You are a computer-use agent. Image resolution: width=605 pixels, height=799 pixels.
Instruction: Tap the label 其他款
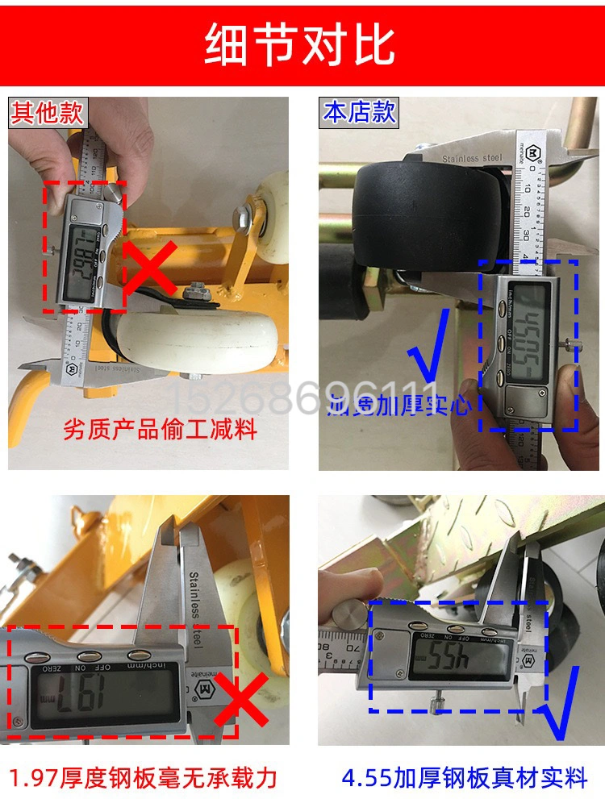(x=46, y=111)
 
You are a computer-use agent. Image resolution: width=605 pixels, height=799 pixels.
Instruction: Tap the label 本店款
(x=359, y=111)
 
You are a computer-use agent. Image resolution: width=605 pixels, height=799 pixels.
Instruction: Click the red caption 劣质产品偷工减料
(x=160, y=428)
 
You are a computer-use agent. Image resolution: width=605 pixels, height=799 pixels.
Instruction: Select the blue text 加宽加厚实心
(x=399, y=403)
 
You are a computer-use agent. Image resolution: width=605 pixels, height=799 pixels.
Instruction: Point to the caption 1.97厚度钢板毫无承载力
(x=144, y=777)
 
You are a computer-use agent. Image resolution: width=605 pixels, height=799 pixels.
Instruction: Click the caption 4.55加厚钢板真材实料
(x=464, y=777)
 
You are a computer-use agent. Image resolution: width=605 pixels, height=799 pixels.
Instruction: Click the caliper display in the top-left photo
(x=83, y=252)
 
